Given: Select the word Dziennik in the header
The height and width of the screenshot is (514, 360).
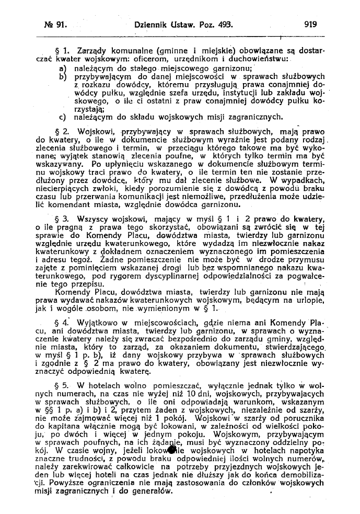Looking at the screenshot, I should (x=152, y=24).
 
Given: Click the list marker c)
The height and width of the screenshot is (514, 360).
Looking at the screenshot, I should (x=63, y=117).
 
